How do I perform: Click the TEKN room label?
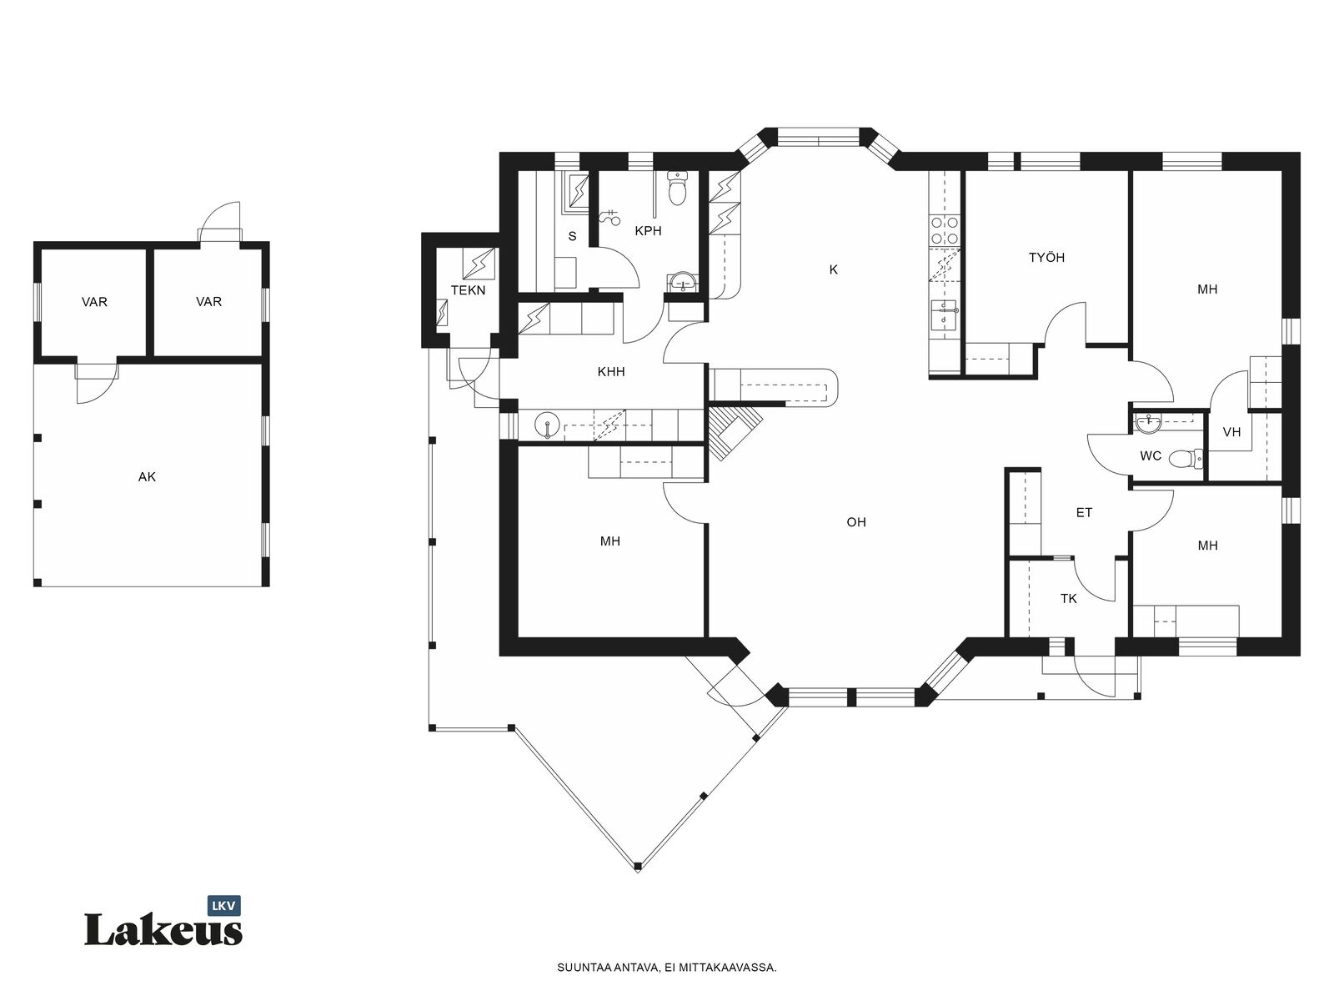(x=468, y=290)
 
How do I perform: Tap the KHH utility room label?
(x=611, y=372)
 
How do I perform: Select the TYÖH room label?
(x=1046, y=258)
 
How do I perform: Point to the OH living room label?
(x=856, y=522)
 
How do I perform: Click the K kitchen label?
(x=833, y=269)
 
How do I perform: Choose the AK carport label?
(x=147, y=477)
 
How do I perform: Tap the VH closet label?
(x=1231, y=432)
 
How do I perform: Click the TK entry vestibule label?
(x=1068, y=599)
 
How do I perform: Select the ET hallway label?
(x=1084, y=513)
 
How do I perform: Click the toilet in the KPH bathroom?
(x=677, y=188)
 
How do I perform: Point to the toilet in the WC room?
(x=1186, y=458)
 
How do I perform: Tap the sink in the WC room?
(x=1148, y=425)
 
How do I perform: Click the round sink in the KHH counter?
(x=548, y=425)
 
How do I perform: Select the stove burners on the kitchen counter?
(x=945, y=230)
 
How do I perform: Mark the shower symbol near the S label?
(x=609, y=217)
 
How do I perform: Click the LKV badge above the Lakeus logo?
(x=224, y=906)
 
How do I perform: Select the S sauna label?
(x=572, y=236)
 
